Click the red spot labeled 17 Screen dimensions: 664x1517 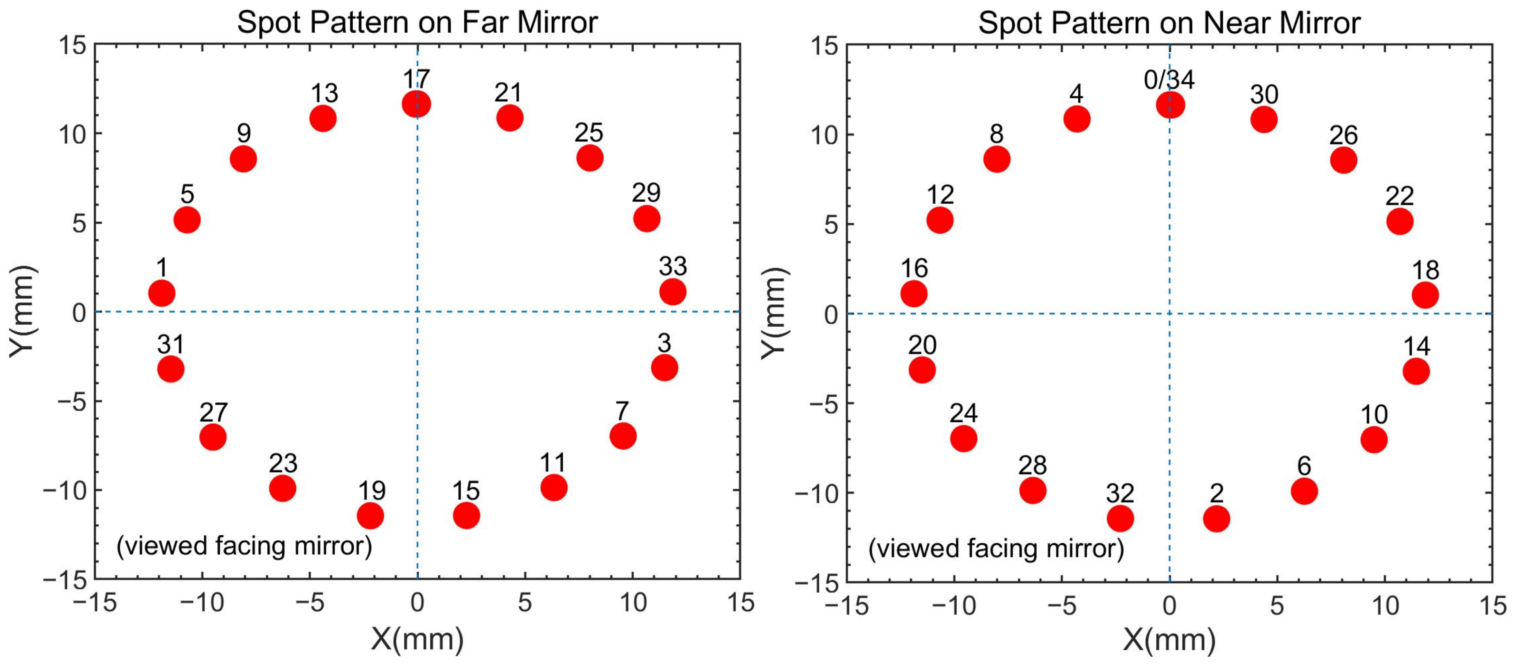pos(416,104)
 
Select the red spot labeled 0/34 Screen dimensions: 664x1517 pos(1170,105)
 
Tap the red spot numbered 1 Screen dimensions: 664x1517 pos(162,293)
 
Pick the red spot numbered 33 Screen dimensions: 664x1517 pos(672,292)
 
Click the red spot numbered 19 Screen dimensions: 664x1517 pos(370,516)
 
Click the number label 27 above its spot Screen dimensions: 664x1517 pos(213,413)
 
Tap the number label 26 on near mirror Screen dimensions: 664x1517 pos(1343,136)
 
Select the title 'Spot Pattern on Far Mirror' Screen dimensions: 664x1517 pos(417,22)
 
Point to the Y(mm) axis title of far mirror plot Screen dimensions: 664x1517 pos(22,311)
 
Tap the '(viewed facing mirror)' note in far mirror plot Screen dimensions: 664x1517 pos(244,546)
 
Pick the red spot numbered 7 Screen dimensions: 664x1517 pos(623,436)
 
